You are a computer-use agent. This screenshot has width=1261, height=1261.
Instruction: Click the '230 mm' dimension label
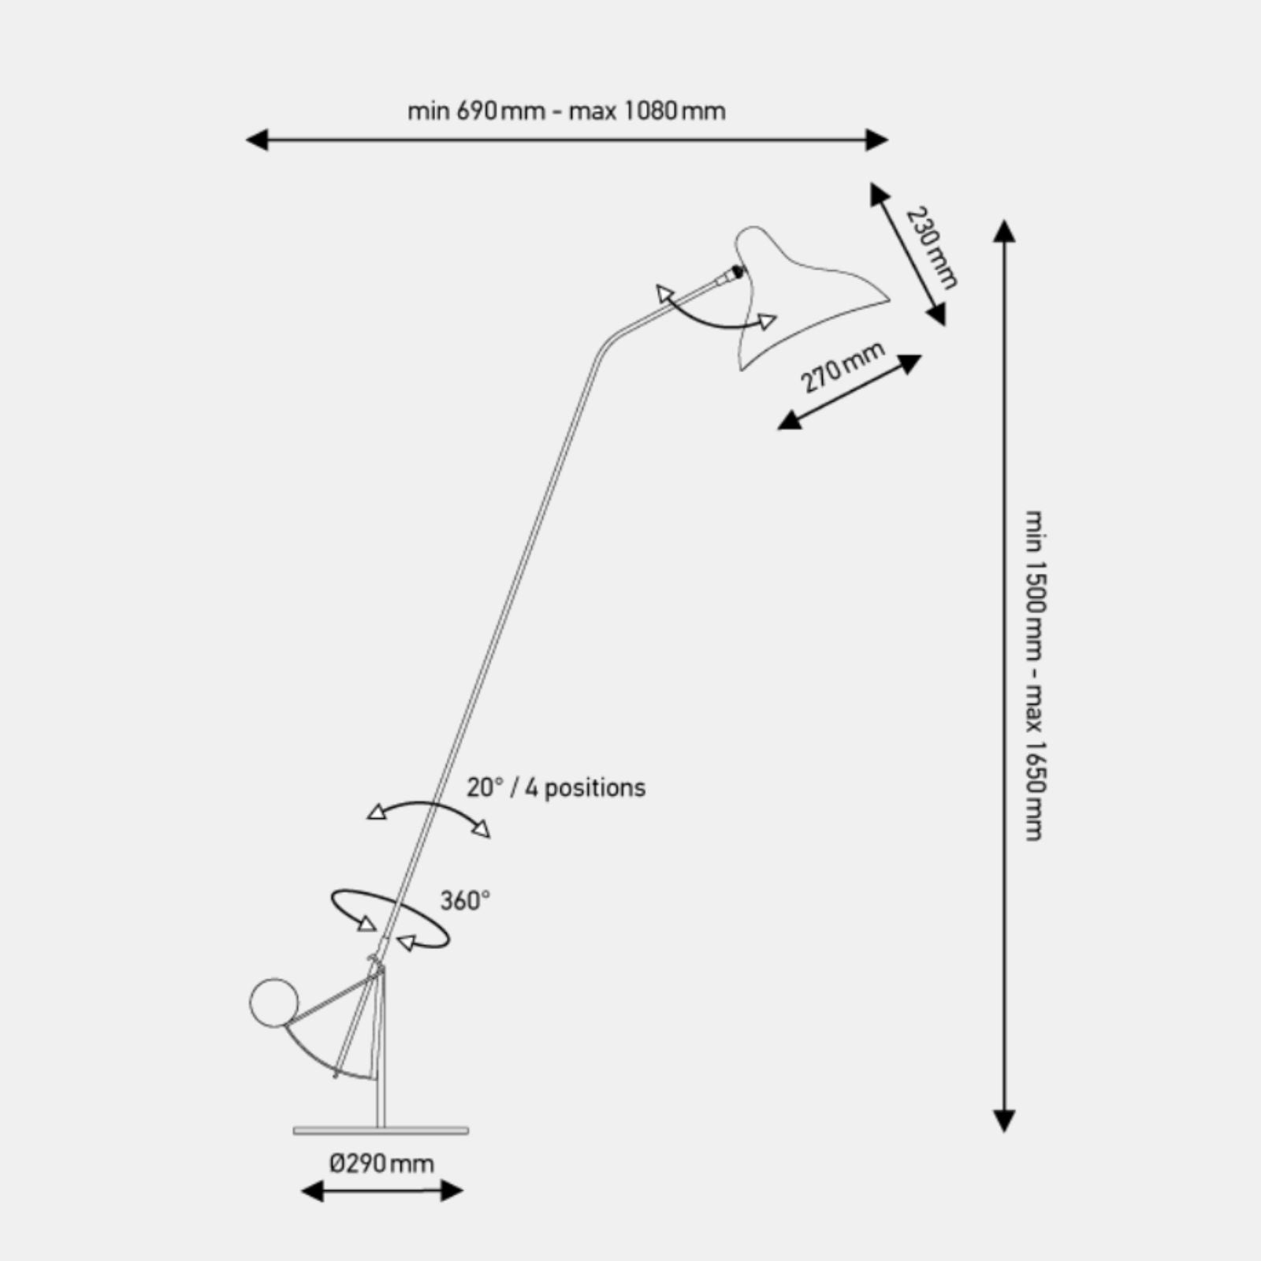point(932,247)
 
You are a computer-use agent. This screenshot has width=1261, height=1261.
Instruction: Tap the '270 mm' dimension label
point(843,368)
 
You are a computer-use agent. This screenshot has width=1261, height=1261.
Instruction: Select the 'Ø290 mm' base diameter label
point(381,1163)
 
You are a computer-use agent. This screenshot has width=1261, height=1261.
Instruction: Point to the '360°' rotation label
point(465,900)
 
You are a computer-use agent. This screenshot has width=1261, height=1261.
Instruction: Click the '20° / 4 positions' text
point(556,787)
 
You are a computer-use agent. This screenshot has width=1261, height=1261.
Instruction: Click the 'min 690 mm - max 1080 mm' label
point(567,111)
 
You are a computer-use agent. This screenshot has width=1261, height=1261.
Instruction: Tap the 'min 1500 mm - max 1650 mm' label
point(1035,675)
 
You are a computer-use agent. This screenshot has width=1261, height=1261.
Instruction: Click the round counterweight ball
point(274,1003)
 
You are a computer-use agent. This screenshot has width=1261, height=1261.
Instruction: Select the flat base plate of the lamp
point(381,1131)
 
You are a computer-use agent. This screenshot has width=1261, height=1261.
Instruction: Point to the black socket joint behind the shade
point(737,272)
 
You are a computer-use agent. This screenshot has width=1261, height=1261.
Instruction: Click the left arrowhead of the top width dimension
point(257,140)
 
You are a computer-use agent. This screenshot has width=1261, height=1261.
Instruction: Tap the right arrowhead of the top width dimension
point(877,140)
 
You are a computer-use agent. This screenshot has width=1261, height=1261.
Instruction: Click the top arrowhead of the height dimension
point(1003,230)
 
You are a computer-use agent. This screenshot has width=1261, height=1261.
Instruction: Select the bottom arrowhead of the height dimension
point(1003,1122)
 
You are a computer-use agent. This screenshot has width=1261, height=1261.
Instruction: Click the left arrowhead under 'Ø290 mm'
point(312,1191)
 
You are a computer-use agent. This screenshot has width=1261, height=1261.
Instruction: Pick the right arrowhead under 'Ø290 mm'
point(452,1191)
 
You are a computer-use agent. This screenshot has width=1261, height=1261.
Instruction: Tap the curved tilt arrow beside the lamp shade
point(709,322)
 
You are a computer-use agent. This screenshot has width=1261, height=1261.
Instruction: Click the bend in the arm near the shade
point(608,343)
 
